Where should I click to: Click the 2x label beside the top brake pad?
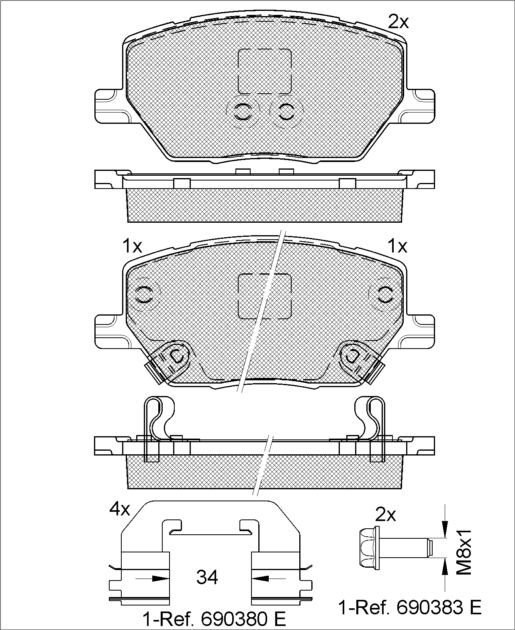(x=398, y=22)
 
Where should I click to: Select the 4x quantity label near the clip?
(x=120, y=509)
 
